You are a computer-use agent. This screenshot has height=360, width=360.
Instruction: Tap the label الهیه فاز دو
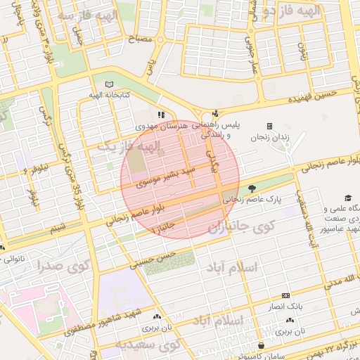[299, 10]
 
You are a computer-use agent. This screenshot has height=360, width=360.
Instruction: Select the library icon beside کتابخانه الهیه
[108, 84]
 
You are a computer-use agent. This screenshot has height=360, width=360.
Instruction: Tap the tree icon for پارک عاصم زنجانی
[252, 188]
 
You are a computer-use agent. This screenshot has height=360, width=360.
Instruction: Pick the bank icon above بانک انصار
[285, 295]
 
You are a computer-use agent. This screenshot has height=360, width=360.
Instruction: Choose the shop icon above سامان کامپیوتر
[262, 345]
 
